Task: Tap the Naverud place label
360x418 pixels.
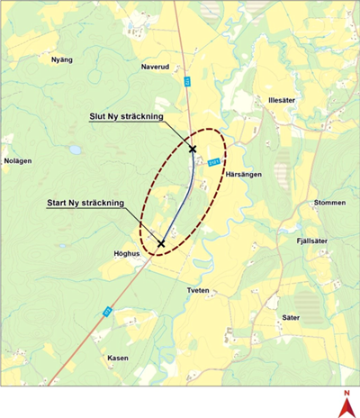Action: tap(155, 67)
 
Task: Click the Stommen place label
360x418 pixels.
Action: tap(329, 203)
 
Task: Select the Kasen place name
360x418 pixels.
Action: tap(118, 358)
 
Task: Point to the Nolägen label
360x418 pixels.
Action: tap(18, 161)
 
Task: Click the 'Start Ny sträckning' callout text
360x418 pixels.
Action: tap(85, 204)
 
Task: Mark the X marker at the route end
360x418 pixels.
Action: tap(193, 149)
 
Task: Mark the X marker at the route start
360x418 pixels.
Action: tap(161, 243)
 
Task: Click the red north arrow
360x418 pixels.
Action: tap(345, 408)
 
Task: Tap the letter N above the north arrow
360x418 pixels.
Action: tap(345, 394)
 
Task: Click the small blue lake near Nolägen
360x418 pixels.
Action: tap(76, 150)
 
